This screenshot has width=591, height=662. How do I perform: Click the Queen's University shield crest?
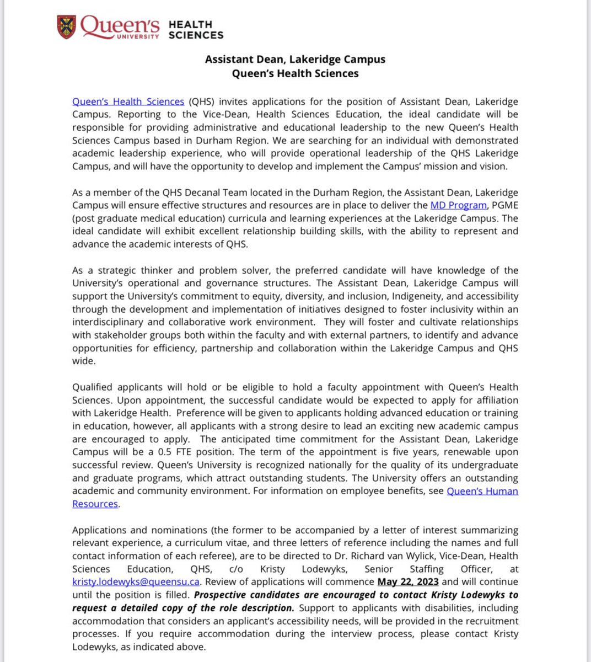pos(67,27)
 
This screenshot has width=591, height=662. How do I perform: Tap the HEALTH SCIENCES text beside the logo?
pos(196,30)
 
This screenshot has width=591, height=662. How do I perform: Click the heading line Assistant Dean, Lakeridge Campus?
pos(295,59)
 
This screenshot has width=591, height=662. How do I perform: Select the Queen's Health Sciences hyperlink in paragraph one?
pos(128,102)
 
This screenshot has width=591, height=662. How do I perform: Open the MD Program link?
pos(458,205)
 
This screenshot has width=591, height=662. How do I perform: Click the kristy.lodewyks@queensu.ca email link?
pos(136,582)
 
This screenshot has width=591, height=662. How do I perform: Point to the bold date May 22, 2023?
pos(408,582)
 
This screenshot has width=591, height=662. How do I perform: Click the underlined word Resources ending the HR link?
pos(95,504)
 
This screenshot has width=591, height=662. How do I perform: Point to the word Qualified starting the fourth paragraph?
pos(95,387)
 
